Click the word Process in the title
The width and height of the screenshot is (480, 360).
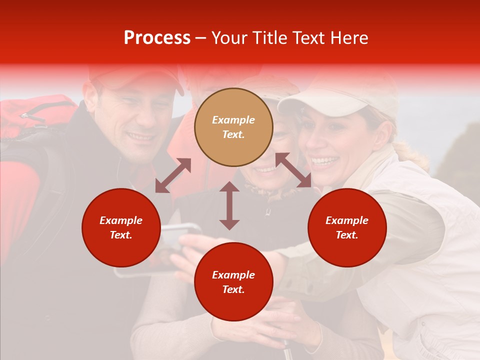click(x=157, y=38)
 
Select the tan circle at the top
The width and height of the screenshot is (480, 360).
click(x=233, y=127)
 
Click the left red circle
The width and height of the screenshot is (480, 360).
click(x=121, y=227)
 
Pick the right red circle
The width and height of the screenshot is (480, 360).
click(x=347, y=227)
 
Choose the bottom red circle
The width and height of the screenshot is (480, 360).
click(x=233, y=281)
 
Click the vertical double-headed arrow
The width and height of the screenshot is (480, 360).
click(x=229, y=205)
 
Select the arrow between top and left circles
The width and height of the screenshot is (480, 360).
click(x=173, y=175)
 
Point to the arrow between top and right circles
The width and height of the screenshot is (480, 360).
click(x=293, y=170)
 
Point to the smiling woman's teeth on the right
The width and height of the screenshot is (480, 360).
click(x=325, y=161)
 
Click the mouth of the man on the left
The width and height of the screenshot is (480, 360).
click(x=141, y=136)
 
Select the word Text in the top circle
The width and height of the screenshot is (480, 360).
click(x=233, y=134)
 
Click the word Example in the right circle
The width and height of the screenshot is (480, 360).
click(x=347, y=220)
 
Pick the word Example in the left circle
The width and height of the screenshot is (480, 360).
click(x=121, y=220)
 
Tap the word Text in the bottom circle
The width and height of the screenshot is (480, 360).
click(x=233, y=289)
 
